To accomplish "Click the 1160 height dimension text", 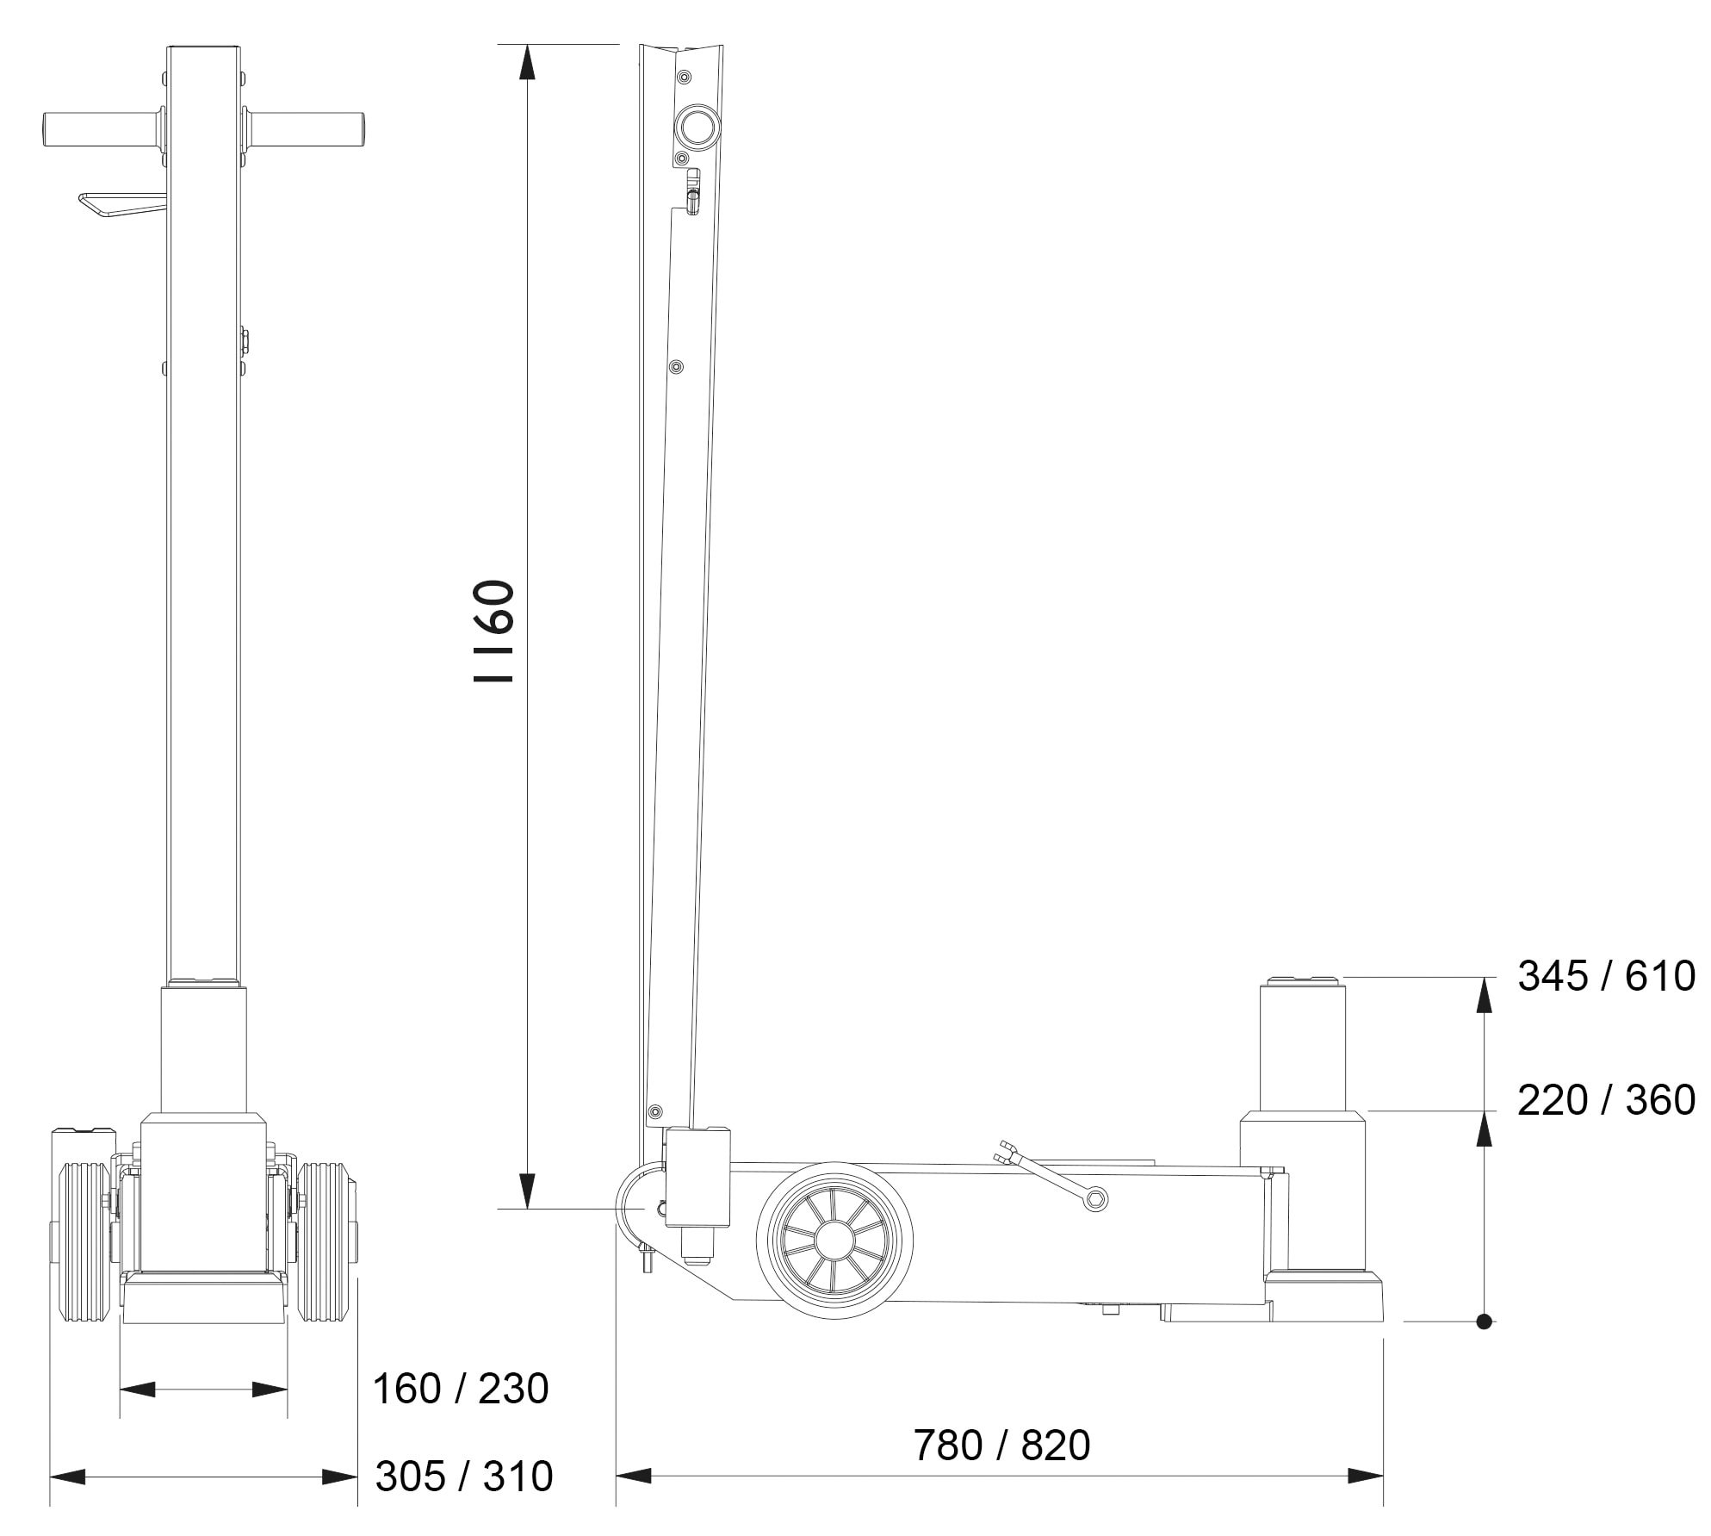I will tap(495, 631).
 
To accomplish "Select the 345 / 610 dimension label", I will tap(1606, 977).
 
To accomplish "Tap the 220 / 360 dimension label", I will tap(1606, 1101).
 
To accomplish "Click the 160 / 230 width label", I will tap(460, 1390).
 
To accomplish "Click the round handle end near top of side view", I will tap(697, 127).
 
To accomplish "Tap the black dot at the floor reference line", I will tap(1484, 1321).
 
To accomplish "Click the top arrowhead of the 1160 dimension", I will tap(527, 60).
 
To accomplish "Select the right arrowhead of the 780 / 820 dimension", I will tap(1367, 1477).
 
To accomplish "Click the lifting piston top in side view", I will tap(1302, 980).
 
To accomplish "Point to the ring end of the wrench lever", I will tap(1095, 1198).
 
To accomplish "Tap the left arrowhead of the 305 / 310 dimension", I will tap(67, 1477).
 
